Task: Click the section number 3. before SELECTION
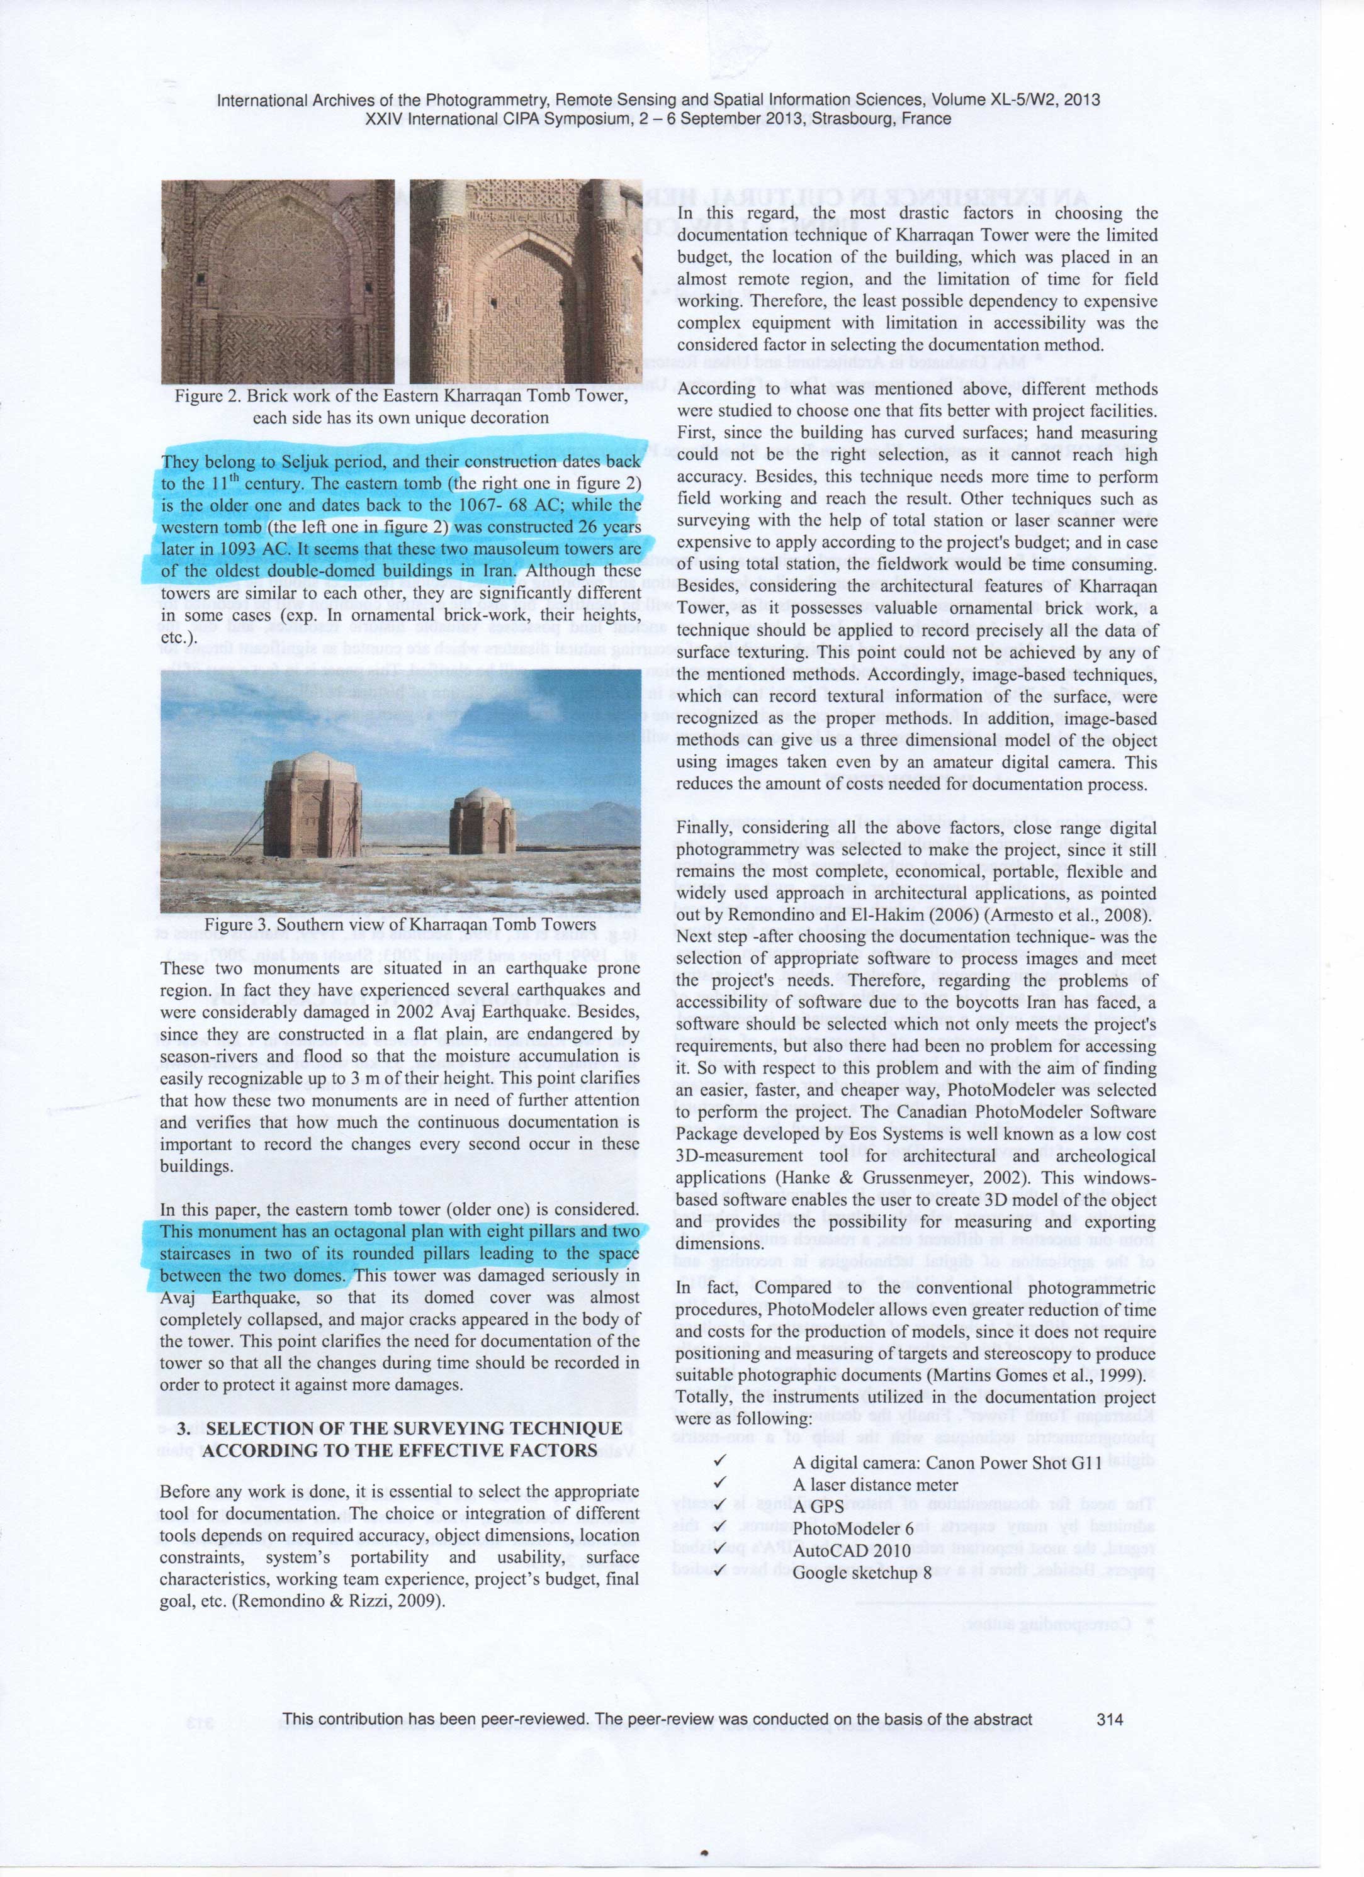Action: (x=183, y=1429)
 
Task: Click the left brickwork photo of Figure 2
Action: (x=278, y=281)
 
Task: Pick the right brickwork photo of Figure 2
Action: (x=526, y=281)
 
